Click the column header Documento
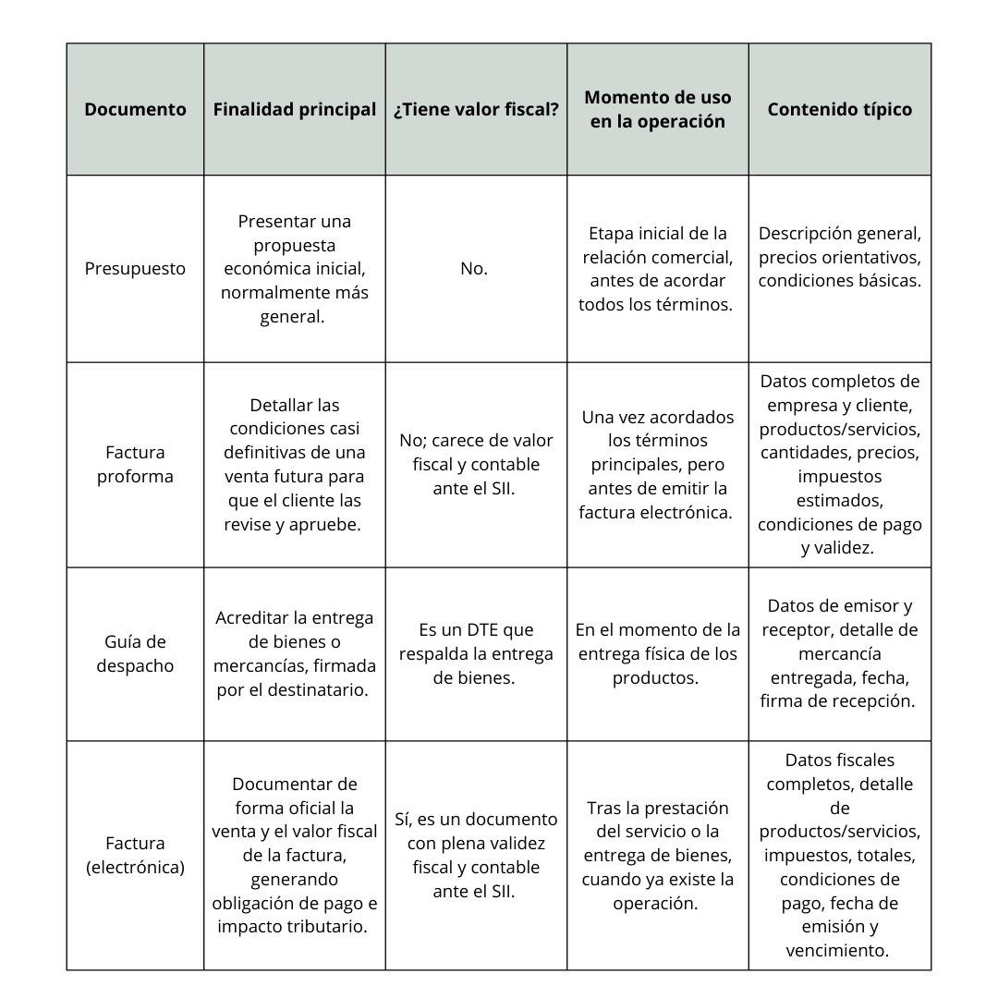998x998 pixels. [135, 109]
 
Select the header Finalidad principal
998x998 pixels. [295, 109]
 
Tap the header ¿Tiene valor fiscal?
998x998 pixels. [476, 109]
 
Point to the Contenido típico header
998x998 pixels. [839, 109]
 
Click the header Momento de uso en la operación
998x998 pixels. [658, 109]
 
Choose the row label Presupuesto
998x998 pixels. [135, 269]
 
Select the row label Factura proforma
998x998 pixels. [135, 465]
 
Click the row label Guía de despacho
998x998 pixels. [135, 653]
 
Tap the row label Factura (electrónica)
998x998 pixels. [135, 855]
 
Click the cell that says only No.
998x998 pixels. [474, 269]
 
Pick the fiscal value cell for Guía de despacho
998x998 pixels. [476, 653]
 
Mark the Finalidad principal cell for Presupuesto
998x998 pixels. [295, 269]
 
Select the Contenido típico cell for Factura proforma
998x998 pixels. [839, 465]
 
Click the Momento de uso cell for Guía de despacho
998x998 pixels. [658, 653]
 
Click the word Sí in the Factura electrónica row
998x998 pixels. [404, 820]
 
